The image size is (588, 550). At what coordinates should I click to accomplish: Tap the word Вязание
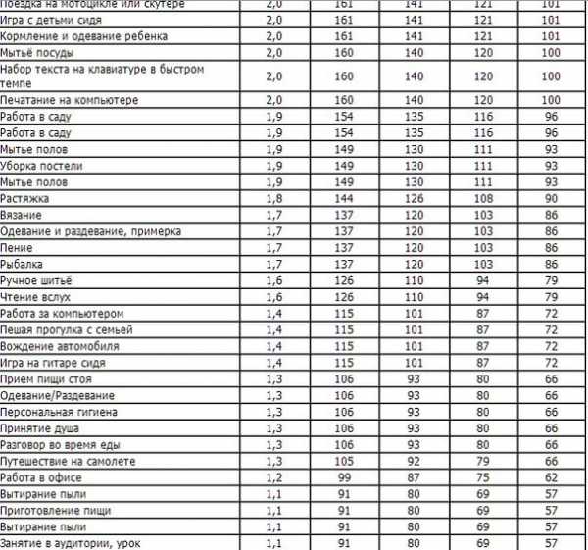tap(24, 214)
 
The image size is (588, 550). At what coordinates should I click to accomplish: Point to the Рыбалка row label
tap(25, 265)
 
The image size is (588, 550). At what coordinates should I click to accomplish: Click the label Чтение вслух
tap(36, 297)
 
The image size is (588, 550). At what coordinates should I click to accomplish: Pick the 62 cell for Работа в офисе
tap(552, 477)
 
